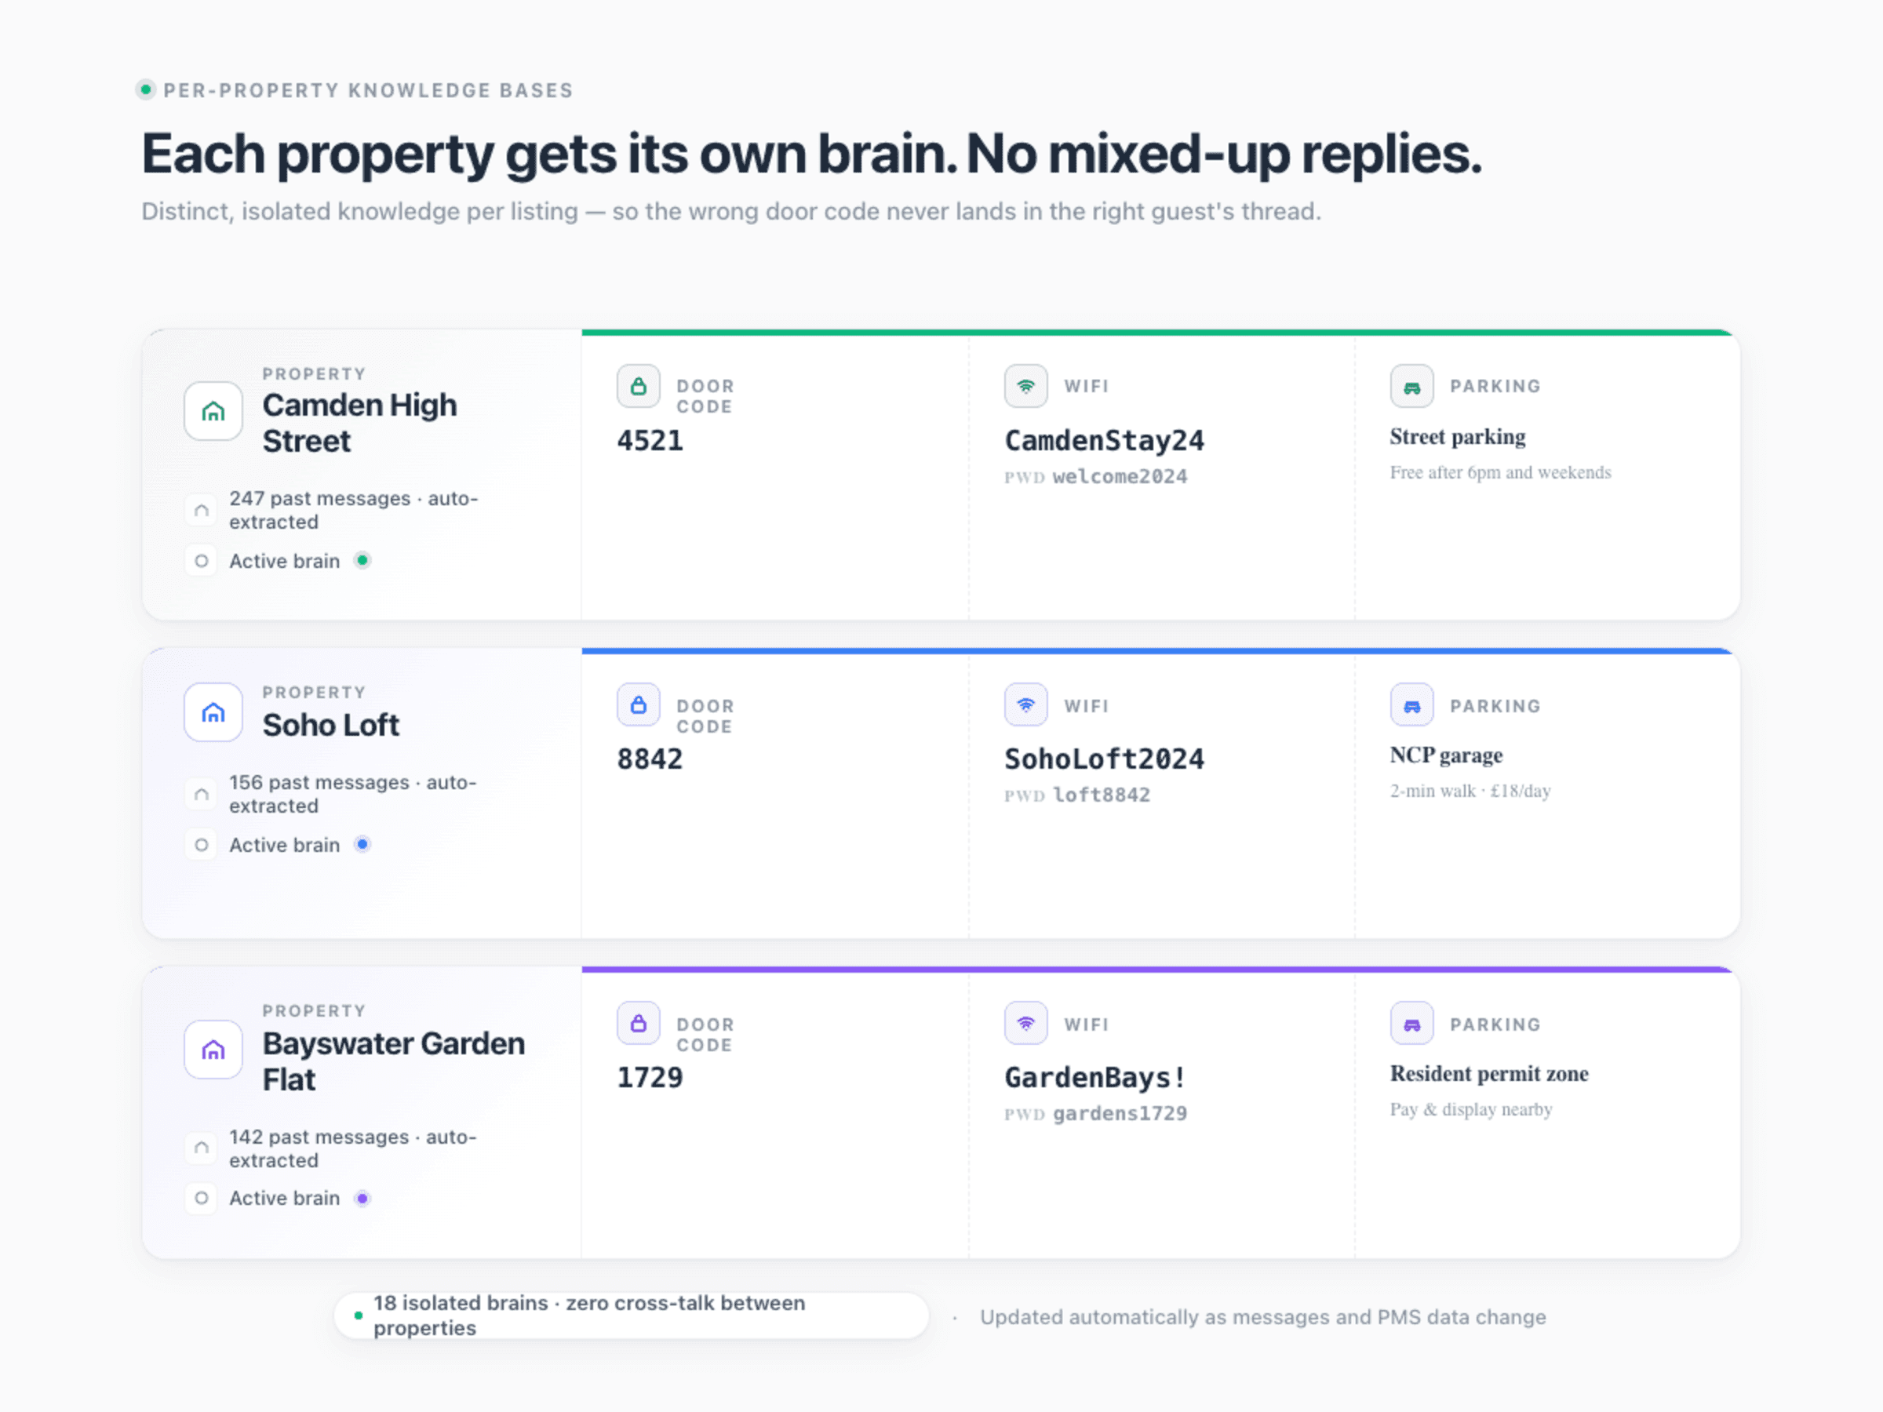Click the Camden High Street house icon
pyautogui.click(x=213, y=411)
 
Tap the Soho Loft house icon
pyautogui.click(x=213, y=712)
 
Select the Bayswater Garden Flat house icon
pyautogui.click(x=213, y=1050)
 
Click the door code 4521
pyautogui.click(x=650, y=441)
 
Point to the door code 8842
pyautogui.click(x=650, y=759)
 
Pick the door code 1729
pyautogui.click(x=650, y=1078)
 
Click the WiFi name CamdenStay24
pyautogui.click(x=1104, y=441)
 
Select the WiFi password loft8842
pyautogui.click(x=1102, y=795)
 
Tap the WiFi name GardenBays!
pyautogui.click(x=1094, y=1078)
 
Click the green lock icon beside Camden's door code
pyautogui.click(x=639, y=387)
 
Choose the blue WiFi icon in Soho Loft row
pyautogui.click(x=1025, y=704)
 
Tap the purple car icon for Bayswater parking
pyautogui.click(x=1411, y=1024)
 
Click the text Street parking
pyautogui.click(x=1458, y=437)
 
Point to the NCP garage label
pyautogui.click(x=1446, y=755)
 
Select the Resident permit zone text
pyautogui.click(x=1489, y=1073)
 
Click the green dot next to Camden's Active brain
pyautogui.click(x=362, y=560)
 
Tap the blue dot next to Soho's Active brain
pyautogui.click(x=362, y=844)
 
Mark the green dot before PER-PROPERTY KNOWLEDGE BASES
pyautogui.click(x=146, y=89)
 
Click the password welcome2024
pyautogui.click(x=1120, y=477)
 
